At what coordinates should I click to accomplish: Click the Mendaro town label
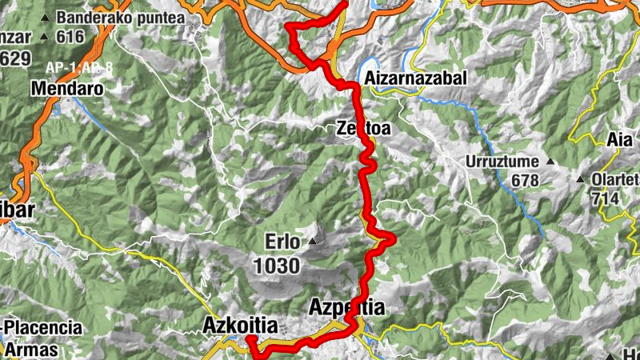(68, 89)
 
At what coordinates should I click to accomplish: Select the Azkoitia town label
(240, 326)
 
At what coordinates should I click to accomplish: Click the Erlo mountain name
(283, 241)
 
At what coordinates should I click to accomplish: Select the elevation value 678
(525, 181)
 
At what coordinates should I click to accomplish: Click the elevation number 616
(70, 37)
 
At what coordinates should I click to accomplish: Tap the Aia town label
(620, 139)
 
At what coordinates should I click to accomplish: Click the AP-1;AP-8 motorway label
(79, 68)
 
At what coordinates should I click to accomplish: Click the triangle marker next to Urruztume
(550, 162)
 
